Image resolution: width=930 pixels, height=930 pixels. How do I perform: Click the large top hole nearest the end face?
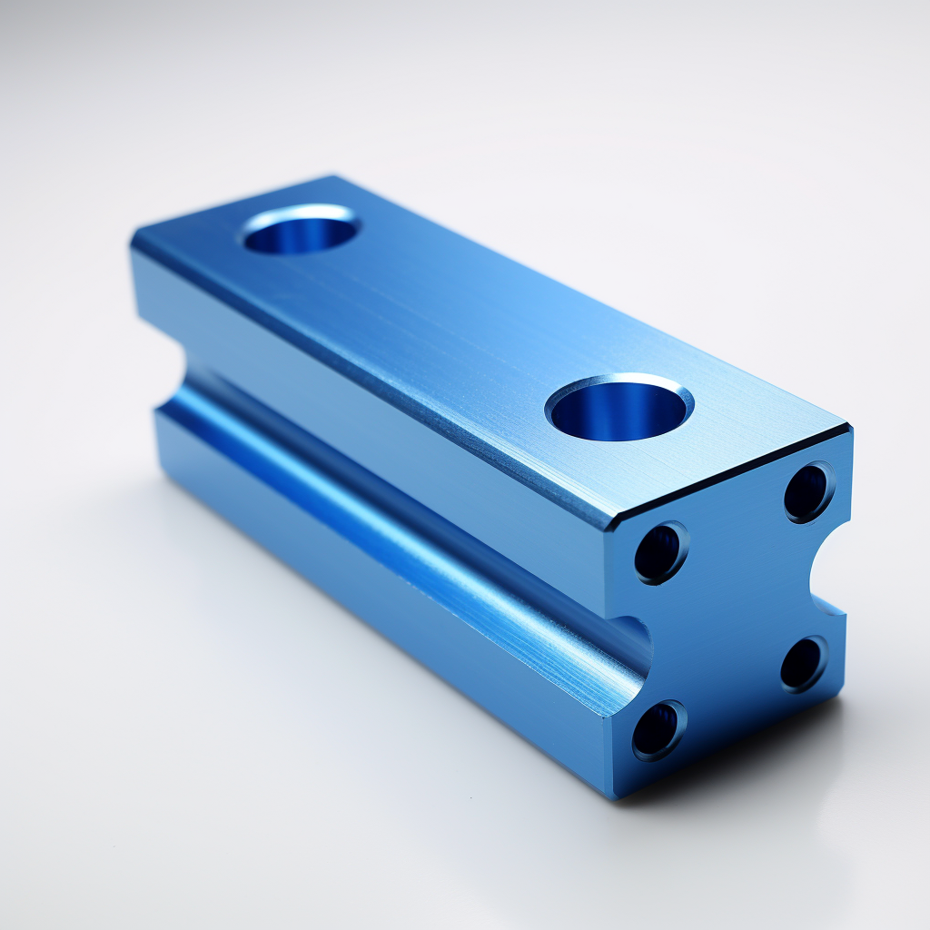pyautogui.click(x=619, y=408)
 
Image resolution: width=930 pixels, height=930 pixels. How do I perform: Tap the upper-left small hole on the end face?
pyautogui.click(x=660, y=552)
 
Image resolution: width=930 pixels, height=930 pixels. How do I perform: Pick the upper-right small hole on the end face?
pyautogui.click(x=808, y=491)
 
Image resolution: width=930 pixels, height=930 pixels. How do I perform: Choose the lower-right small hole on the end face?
pyautogui.click(x=804, y=663)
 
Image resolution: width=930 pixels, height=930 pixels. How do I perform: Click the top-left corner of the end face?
pyautogui.click(x=610, y=530)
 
